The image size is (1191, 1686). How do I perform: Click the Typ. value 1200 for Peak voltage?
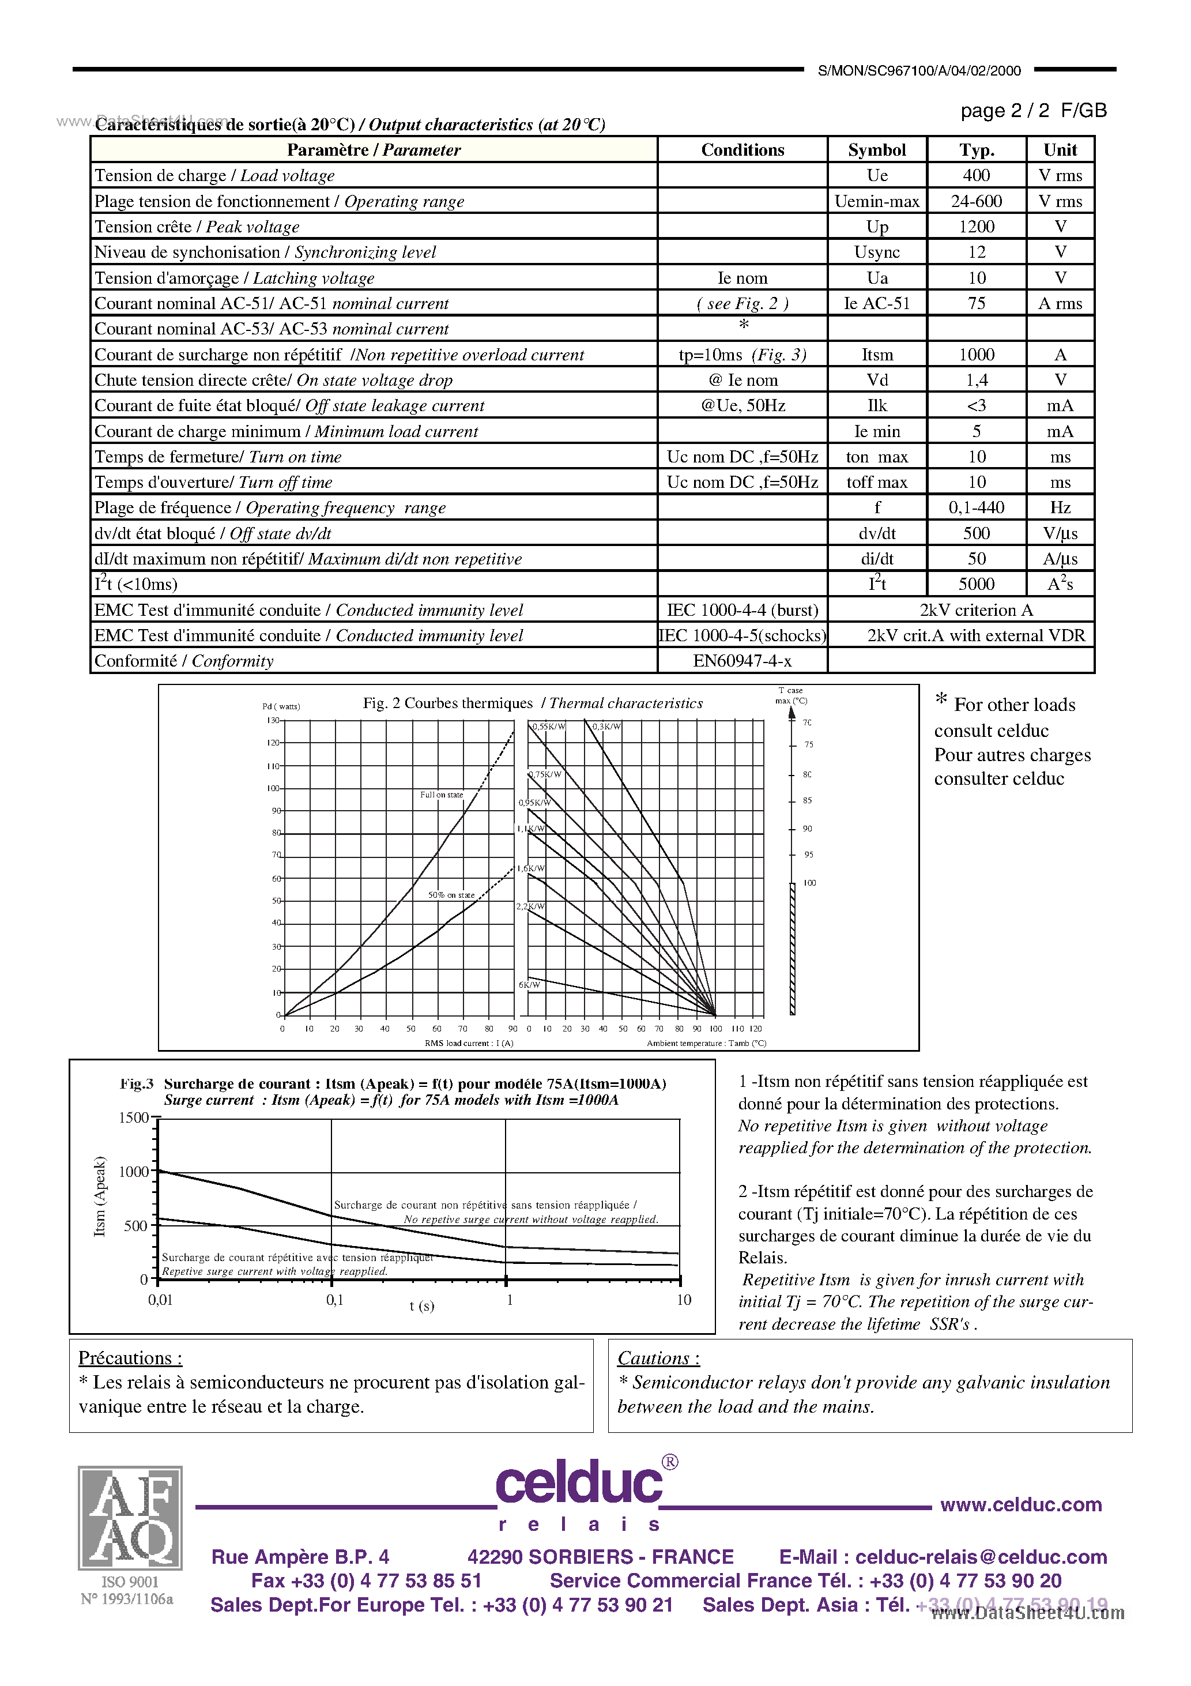976,226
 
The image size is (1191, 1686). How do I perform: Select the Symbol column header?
877,150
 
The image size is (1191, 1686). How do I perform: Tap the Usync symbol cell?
877,252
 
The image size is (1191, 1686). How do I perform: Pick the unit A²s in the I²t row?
1060,584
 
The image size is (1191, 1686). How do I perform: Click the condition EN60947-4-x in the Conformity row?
743,661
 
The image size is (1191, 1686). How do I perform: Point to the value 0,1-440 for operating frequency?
976,507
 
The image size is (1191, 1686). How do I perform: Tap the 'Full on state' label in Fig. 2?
442,795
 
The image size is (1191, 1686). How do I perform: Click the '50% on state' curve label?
451,895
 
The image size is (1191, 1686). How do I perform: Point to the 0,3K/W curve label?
606,727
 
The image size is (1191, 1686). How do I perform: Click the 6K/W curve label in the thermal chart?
529,985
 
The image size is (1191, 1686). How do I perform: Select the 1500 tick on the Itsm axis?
134,1117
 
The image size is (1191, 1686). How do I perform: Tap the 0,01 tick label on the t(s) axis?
160,1300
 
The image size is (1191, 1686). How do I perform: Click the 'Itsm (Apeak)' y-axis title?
100,1196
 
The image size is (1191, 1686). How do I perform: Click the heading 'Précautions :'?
130,1358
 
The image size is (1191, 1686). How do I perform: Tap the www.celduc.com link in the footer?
1020,1504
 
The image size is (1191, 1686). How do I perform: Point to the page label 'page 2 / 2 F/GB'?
1032,111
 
